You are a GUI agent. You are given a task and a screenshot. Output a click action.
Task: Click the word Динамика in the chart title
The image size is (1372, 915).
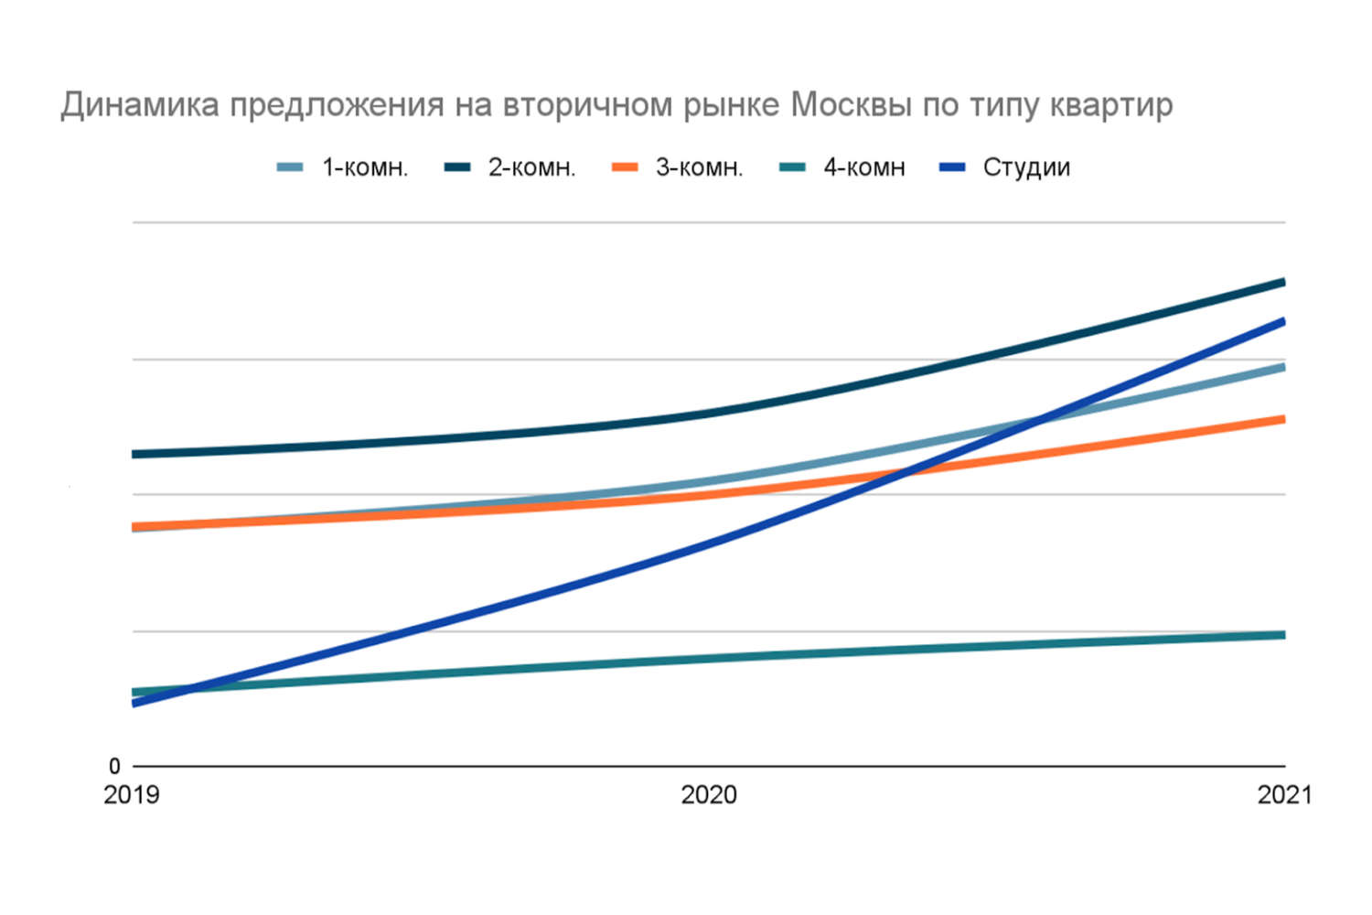140,105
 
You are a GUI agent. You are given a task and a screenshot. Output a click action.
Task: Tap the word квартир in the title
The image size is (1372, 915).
1110,105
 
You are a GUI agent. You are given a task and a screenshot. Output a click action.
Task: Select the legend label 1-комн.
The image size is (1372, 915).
365,167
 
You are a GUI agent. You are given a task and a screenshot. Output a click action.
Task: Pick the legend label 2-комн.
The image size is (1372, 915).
531,167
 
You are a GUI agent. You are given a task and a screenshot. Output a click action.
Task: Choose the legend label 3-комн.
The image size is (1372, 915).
699,167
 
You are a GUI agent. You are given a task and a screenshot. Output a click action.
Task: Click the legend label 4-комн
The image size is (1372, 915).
864,167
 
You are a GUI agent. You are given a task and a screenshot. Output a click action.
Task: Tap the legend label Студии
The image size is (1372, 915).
1026,167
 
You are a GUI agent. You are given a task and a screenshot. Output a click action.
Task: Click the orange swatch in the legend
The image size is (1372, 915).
625,167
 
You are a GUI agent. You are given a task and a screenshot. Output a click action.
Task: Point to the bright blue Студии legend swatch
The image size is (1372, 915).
953,167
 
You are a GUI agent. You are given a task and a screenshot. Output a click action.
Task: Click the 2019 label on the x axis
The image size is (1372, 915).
132,794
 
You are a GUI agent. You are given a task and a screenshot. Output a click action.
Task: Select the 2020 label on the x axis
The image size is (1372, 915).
709,794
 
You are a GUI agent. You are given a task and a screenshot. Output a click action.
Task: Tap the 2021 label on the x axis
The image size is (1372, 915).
1284,794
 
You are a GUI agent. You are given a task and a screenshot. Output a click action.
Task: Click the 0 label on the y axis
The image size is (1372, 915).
114,766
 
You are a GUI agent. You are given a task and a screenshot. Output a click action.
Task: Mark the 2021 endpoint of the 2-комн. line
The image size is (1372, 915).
1283,282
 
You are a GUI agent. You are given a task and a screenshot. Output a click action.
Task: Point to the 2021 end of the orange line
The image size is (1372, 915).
1283,419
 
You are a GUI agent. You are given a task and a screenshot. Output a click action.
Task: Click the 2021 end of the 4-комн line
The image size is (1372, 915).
1283,635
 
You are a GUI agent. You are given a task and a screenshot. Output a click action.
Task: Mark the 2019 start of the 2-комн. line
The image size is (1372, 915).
134,454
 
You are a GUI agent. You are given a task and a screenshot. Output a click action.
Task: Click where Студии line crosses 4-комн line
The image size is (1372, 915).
188,688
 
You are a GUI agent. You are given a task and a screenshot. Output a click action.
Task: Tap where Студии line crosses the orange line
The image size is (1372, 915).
901,473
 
